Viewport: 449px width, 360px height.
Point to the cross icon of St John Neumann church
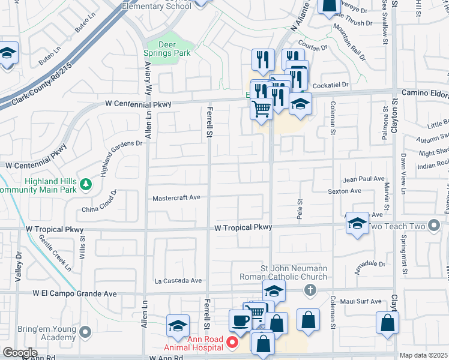tap(310, 290)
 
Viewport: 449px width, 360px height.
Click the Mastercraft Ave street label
tap(179, 197)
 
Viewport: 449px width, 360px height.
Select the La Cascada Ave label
tap(178, 280)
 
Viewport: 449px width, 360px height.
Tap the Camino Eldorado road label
tap(426, 92)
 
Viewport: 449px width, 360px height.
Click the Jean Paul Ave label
tap(363, 179)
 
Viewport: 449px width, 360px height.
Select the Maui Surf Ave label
tap(360, 301)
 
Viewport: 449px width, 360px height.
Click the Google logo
tap(20, 353)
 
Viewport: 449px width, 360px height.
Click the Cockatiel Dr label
tap(330, 85)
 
